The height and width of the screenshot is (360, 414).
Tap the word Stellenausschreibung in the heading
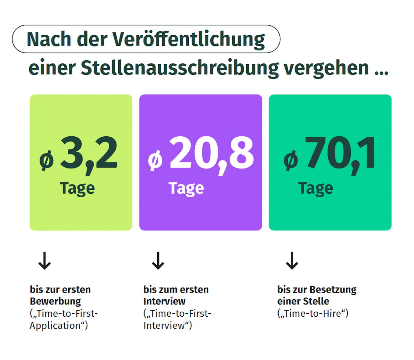tap(180, 68)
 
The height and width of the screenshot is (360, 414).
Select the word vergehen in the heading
tap(326, 68)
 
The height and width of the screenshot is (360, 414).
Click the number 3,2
tap(89, 154)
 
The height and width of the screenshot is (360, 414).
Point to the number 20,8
tap(211, 154)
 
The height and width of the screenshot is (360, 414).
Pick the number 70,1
tap(341, 154)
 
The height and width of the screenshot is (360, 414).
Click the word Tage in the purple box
tap(186, 189)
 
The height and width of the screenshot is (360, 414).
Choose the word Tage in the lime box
tap(77, 189)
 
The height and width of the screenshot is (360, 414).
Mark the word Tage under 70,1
tap(315, 189)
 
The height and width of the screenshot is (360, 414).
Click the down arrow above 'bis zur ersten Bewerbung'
tap(45, 261)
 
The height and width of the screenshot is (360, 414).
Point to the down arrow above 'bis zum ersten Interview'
tap(158, 261)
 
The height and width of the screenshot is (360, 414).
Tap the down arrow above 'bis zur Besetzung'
tap(292, 261)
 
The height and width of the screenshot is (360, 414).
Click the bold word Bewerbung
tap(55, 301)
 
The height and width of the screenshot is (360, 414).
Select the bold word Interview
tap(164, 301)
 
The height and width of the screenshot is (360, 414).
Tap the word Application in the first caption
tap(55, 326)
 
